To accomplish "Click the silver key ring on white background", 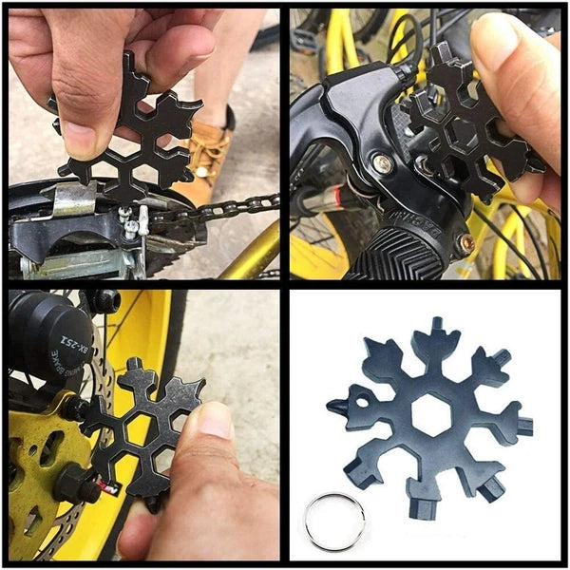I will (x=334, y=521).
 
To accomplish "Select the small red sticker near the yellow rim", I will (x=110, y=488).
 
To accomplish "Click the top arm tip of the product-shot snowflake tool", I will (x=436, y=328).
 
